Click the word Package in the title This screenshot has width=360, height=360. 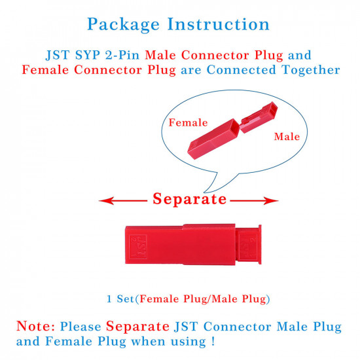123,25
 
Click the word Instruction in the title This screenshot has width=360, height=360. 219,24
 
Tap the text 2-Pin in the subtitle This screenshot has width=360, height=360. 122,55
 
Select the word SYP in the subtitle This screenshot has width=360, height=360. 88,55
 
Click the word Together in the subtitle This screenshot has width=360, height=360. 311,70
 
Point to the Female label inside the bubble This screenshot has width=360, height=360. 189,122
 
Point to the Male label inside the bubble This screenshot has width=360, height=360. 287,137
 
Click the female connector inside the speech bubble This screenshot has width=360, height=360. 213,139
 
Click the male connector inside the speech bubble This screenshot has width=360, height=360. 259,117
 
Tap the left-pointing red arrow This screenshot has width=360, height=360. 123,201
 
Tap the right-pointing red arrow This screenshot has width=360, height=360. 254,201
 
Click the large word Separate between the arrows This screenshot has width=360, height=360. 190,199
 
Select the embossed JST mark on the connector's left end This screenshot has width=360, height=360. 138,247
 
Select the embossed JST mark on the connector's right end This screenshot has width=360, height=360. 248,247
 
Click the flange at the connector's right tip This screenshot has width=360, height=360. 260,245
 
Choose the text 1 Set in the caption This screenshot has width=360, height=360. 120,298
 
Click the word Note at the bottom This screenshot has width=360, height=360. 35,326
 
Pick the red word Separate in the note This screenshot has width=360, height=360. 137,326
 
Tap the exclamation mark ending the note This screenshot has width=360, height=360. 213,341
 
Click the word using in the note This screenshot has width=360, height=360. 189,342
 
